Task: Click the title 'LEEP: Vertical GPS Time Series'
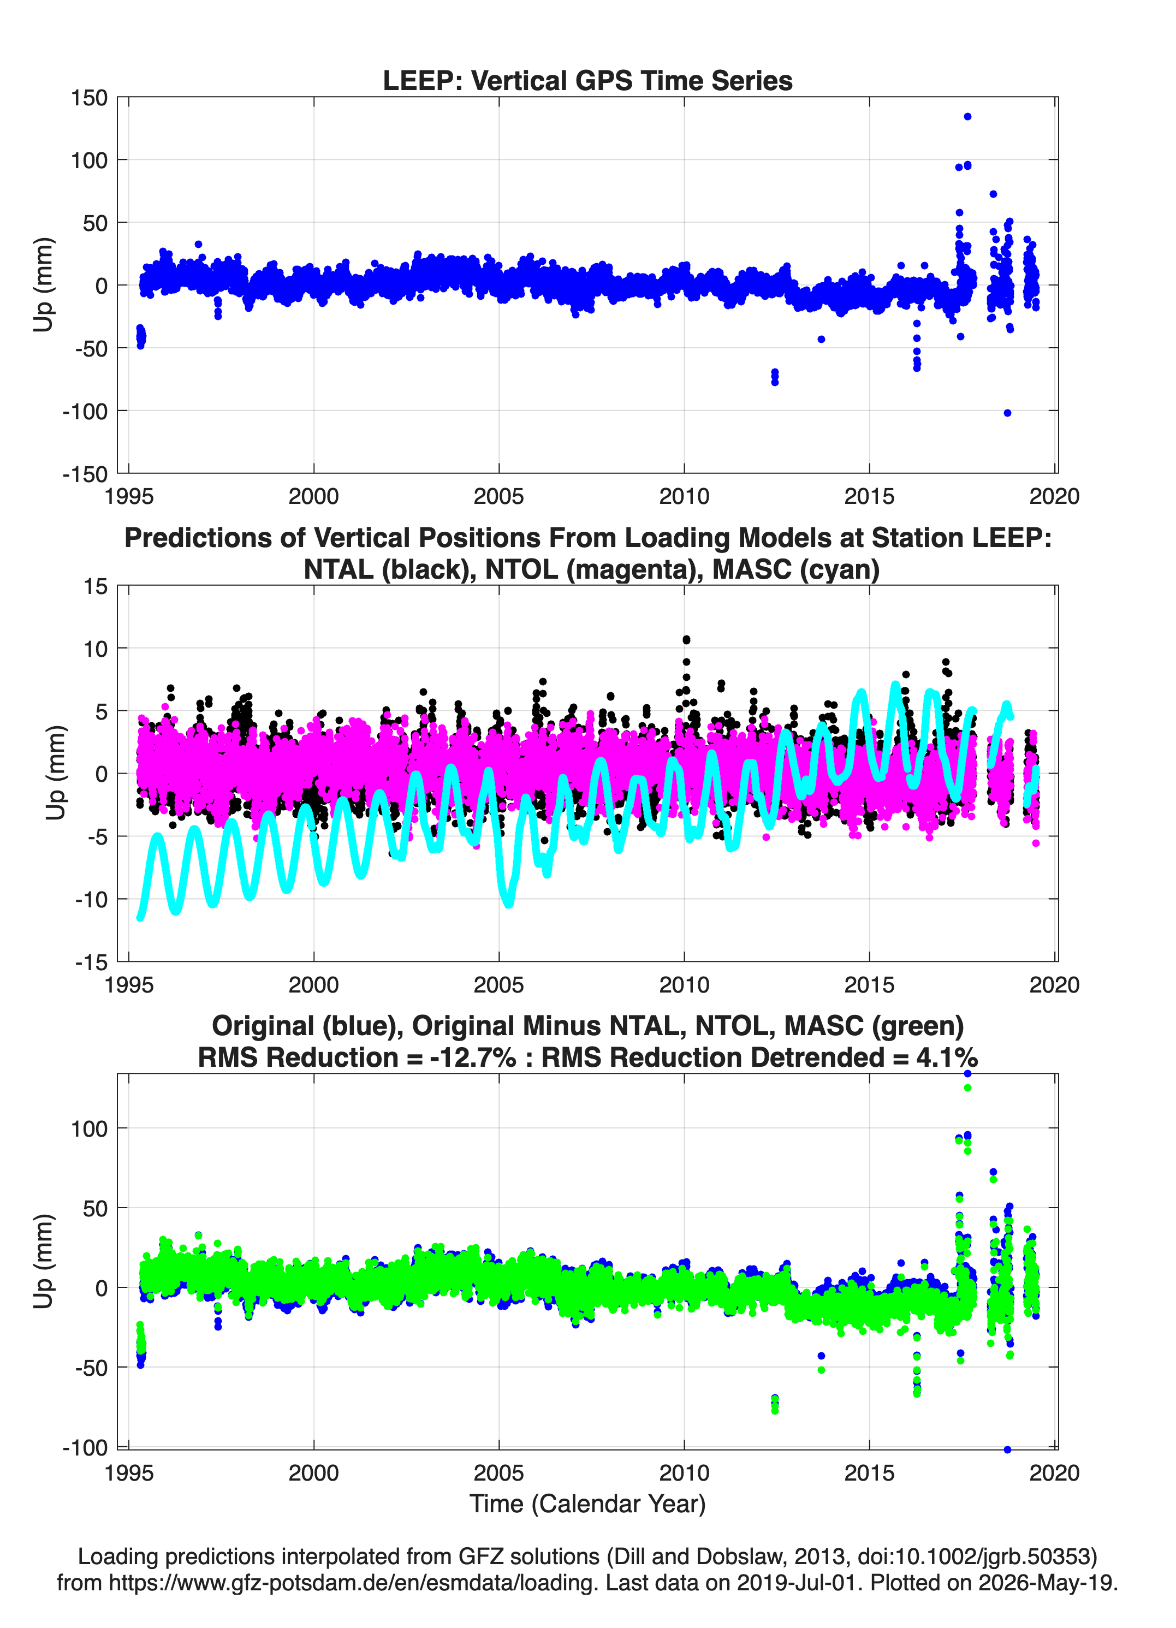(x=587, y=80)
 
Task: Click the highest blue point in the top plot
(x=967, y=116)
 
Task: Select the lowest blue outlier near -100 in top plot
(x=1007, y=413)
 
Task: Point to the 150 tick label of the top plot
(x=89, y=98)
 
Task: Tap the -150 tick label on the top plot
(x=85, y=474)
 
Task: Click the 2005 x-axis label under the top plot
(x=499, y=496)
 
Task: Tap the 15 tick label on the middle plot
(x=96, y=586)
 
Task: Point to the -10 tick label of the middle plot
(x=91, y=899)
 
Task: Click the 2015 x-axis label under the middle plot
(x=869, y=985)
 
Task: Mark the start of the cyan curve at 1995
(x=140, y=917)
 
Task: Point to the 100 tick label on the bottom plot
(x=89, y=1129)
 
